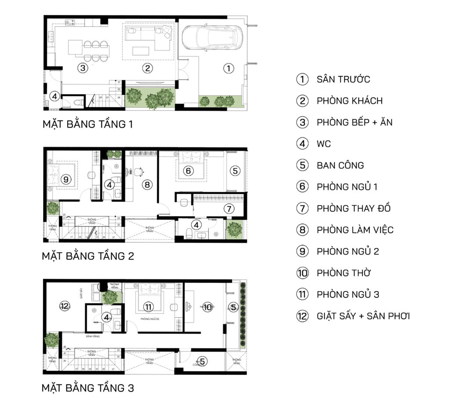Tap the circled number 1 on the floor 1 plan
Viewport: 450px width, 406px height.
click(x=228, y=68)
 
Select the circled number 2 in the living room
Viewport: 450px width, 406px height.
click(x=147, y=68)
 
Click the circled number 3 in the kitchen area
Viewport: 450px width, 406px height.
click(x=82, y=68)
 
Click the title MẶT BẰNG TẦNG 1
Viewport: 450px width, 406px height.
click(x=88, y=124)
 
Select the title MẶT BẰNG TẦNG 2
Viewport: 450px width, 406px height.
click(x=88, y=256)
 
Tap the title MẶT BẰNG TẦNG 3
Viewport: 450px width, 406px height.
click(x=88, y=388)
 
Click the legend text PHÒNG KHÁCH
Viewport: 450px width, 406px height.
click(x=349, y=101)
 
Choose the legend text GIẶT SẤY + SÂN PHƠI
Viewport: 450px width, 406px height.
click(x=363, y=316)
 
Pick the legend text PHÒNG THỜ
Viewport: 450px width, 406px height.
click(x=343, y=273)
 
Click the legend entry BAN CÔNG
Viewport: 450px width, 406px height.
click(x=340, y=165)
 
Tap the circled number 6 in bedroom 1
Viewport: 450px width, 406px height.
click(x=188, y=171)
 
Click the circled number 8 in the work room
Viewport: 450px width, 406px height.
click(x=147, y=184)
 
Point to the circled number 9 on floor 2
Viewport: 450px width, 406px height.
click(x=66, y=179)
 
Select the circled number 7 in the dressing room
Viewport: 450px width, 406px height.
click(x=229, y=208)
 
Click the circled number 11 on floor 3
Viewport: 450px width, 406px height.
click(x=148, y=307)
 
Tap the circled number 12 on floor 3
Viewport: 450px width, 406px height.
click(x=64, y=306)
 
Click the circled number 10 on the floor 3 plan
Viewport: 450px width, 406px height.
click(x=207, y=307)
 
